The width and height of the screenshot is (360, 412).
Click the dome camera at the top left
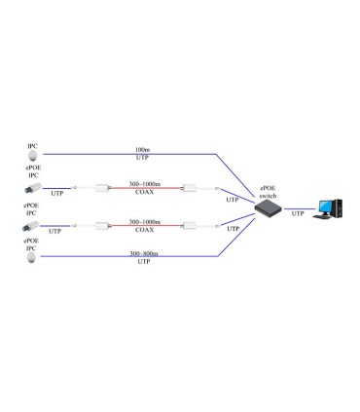pyautogui.click(x=33, y=154)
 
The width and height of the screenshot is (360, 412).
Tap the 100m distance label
pyautogui.click(x=143, y=149)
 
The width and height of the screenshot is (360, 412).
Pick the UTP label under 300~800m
pyautogui.click(x=143, y=262)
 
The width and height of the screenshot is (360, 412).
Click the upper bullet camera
pyautogui.click(x=32, y=187)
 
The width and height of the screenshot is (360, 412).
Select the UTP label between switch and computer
pyautogui.click(x=298, y=210)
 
